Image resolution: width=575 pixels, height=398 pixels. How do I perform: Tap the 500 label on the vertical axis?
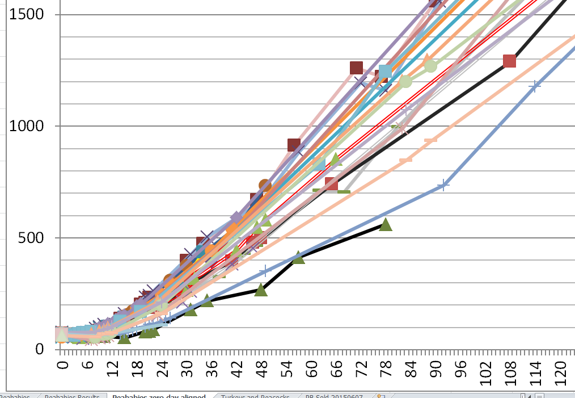coord(32,237)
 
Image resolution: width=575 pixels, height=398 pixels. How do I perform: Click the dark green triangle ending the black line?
coord(386,225)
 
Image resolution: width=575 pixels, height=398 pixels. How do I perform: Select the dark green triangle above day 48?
coord(261,290)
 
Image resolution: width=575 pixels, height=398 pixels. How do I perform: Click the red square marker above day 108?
coord(509,61)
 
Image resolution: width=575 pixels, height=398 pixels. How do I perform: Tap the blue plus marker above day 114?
coord(534,86)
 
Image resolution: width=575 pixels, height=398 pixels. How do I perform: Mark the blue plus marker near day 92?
coord(443,185)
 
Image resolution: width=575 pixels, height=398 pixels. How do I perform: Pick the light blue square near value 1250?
coord(385,72)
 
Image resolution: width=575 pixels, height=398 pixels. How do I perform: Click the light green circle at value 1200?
coord(405,81)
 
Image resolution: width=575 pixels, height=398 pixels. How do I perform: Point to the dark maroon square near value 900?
coord(294,145)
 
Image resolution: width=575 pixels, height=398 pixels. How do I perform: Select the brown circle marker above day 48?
coord(265,185)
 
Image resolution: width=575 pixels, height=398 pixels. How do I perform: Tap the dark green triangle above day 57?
coord(299,257)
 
